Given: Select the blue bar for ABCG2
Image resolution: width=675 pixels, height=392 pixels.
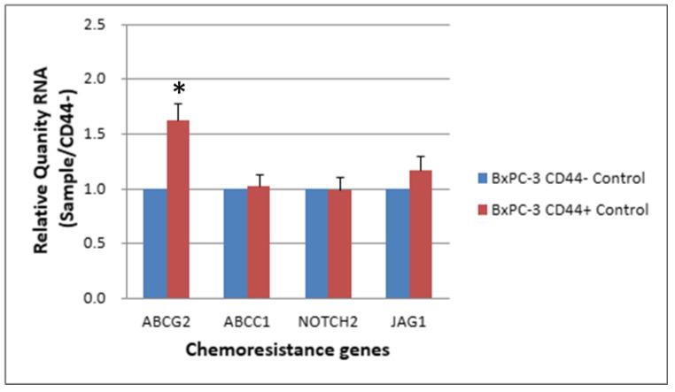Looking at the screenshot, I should tap(155, 243).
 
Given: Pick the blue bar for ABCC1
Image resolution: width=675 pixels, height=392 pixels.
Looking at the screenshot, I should tap(236, 243).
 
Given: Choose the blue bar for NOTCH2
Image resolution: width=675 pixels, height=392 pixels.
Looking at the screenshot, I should tap(317, 243).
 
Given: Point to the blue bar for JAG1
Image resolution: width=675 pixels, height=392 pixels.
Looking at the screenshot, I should tap(399, 243).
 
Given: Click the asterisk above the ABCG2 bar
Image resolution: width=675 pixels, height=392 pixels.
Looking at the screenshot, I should tap(179, 90).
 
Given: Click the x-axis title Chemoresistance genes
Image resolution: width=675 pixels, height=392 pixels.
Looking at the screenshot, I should tap(288, 350).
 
